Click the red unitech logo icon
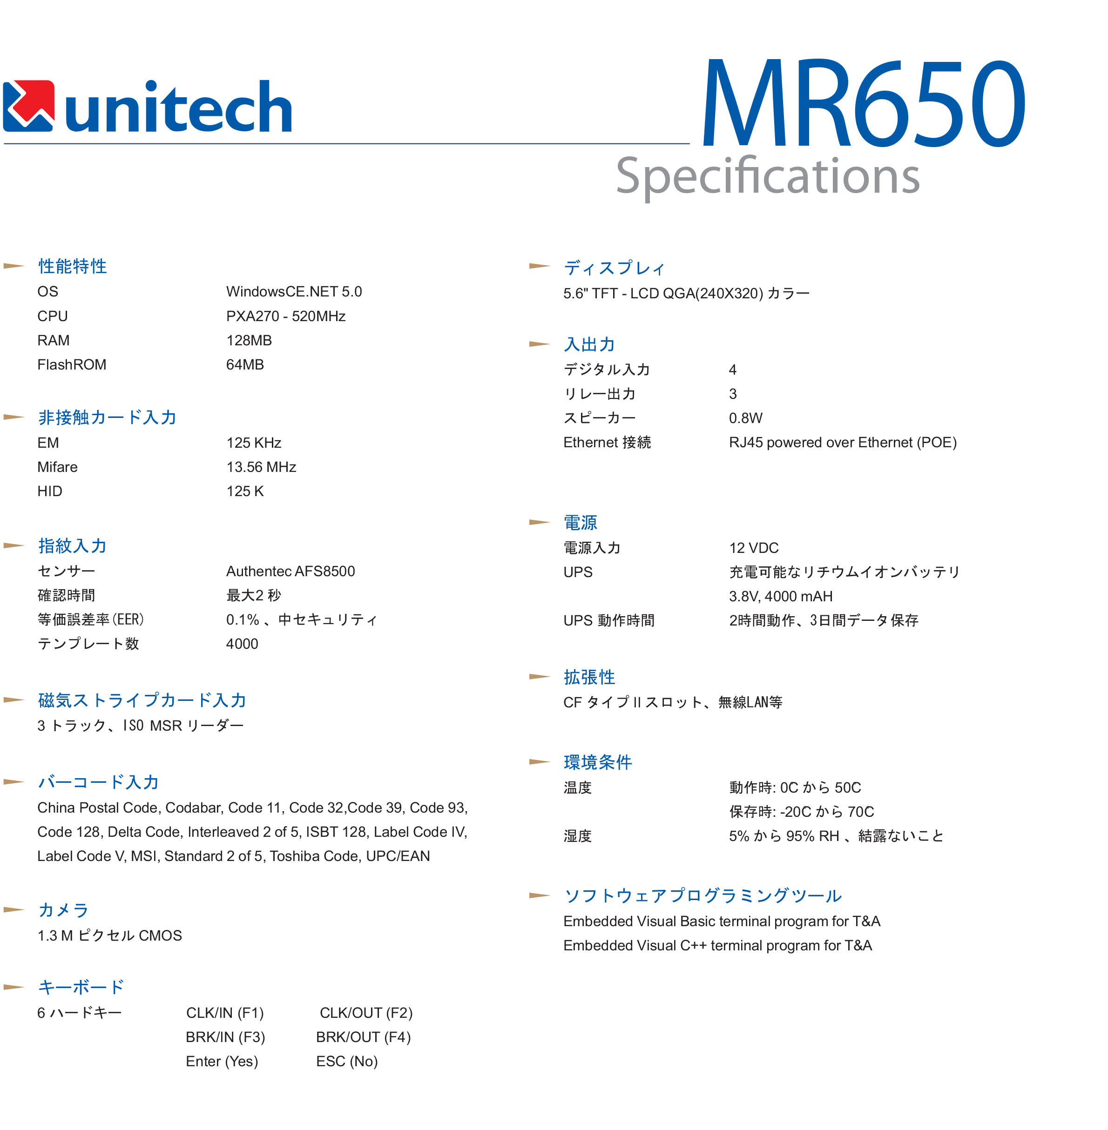[x=28, y=106]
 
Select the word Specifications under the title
[x=767, y=176]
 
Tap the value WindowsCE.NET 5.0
[x=294, y=291]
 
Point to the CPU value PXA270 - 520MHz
[x=286, y=316]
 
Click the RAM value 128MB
[x=249, y=340]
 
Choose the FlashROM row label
[x=72, y=365]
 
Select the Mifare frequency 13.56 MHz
[x=261, y=467]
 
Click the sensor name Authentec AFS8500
[x=291, y=572]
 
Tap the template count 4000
[x=242, y=644]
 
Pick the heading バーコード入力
[x=98, y=782]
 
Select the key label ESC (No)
[x=347, y=1061]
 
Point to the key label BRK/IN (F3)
[x=225, y=1037]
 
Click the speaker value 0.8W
[x=745, y=418]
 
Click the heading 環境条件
[x=598, y=762]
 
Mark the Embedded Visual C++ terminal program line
[x=717, y=946]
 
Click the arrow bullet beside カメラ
[x=14, y=910]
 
